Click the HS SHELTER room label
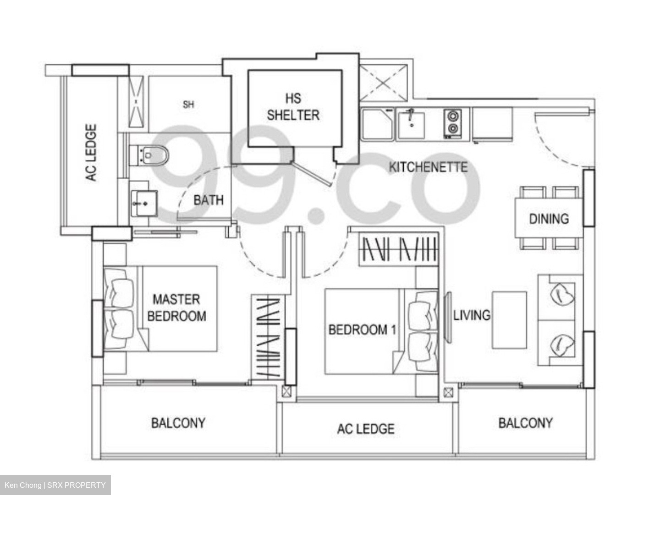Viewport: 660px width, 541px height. [293, 107]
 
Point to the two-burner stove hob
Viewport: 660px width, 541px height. [452, 123]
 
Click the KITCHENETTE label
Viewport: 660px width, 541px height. [428, 167]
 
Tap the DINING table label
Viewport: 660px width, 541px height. [549, 219]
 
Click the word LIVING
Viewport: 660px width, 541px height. [472, 315]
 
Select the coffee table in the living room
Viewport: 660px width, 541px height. [509, 320]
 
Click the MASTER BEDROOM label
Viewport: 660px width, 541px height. [176, 308]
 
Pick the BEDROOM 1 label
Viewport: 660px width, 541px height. [362, 330]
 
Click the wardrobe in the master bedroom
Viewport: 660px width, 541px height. [268, 337]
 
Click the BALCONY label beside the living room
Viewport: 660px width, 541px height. [525, 423]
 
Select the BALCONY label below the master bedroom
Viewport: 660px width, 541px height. [178, 423]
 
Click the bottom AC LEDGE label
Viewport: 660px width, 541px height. [365, 429]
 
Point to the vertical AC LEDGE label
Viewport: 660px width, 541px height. [91, 153]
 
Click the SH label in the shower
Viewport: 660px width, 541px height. [188, 105]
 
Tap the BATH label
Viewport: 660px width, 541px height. [209, 200]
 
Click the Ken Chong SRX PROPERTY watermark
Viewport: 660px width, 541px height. [55, 485]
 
